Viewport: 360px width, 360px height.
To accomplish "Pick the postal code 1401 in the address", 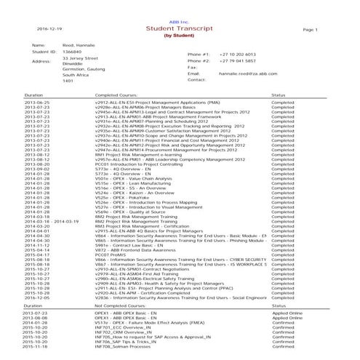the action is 69,81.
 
